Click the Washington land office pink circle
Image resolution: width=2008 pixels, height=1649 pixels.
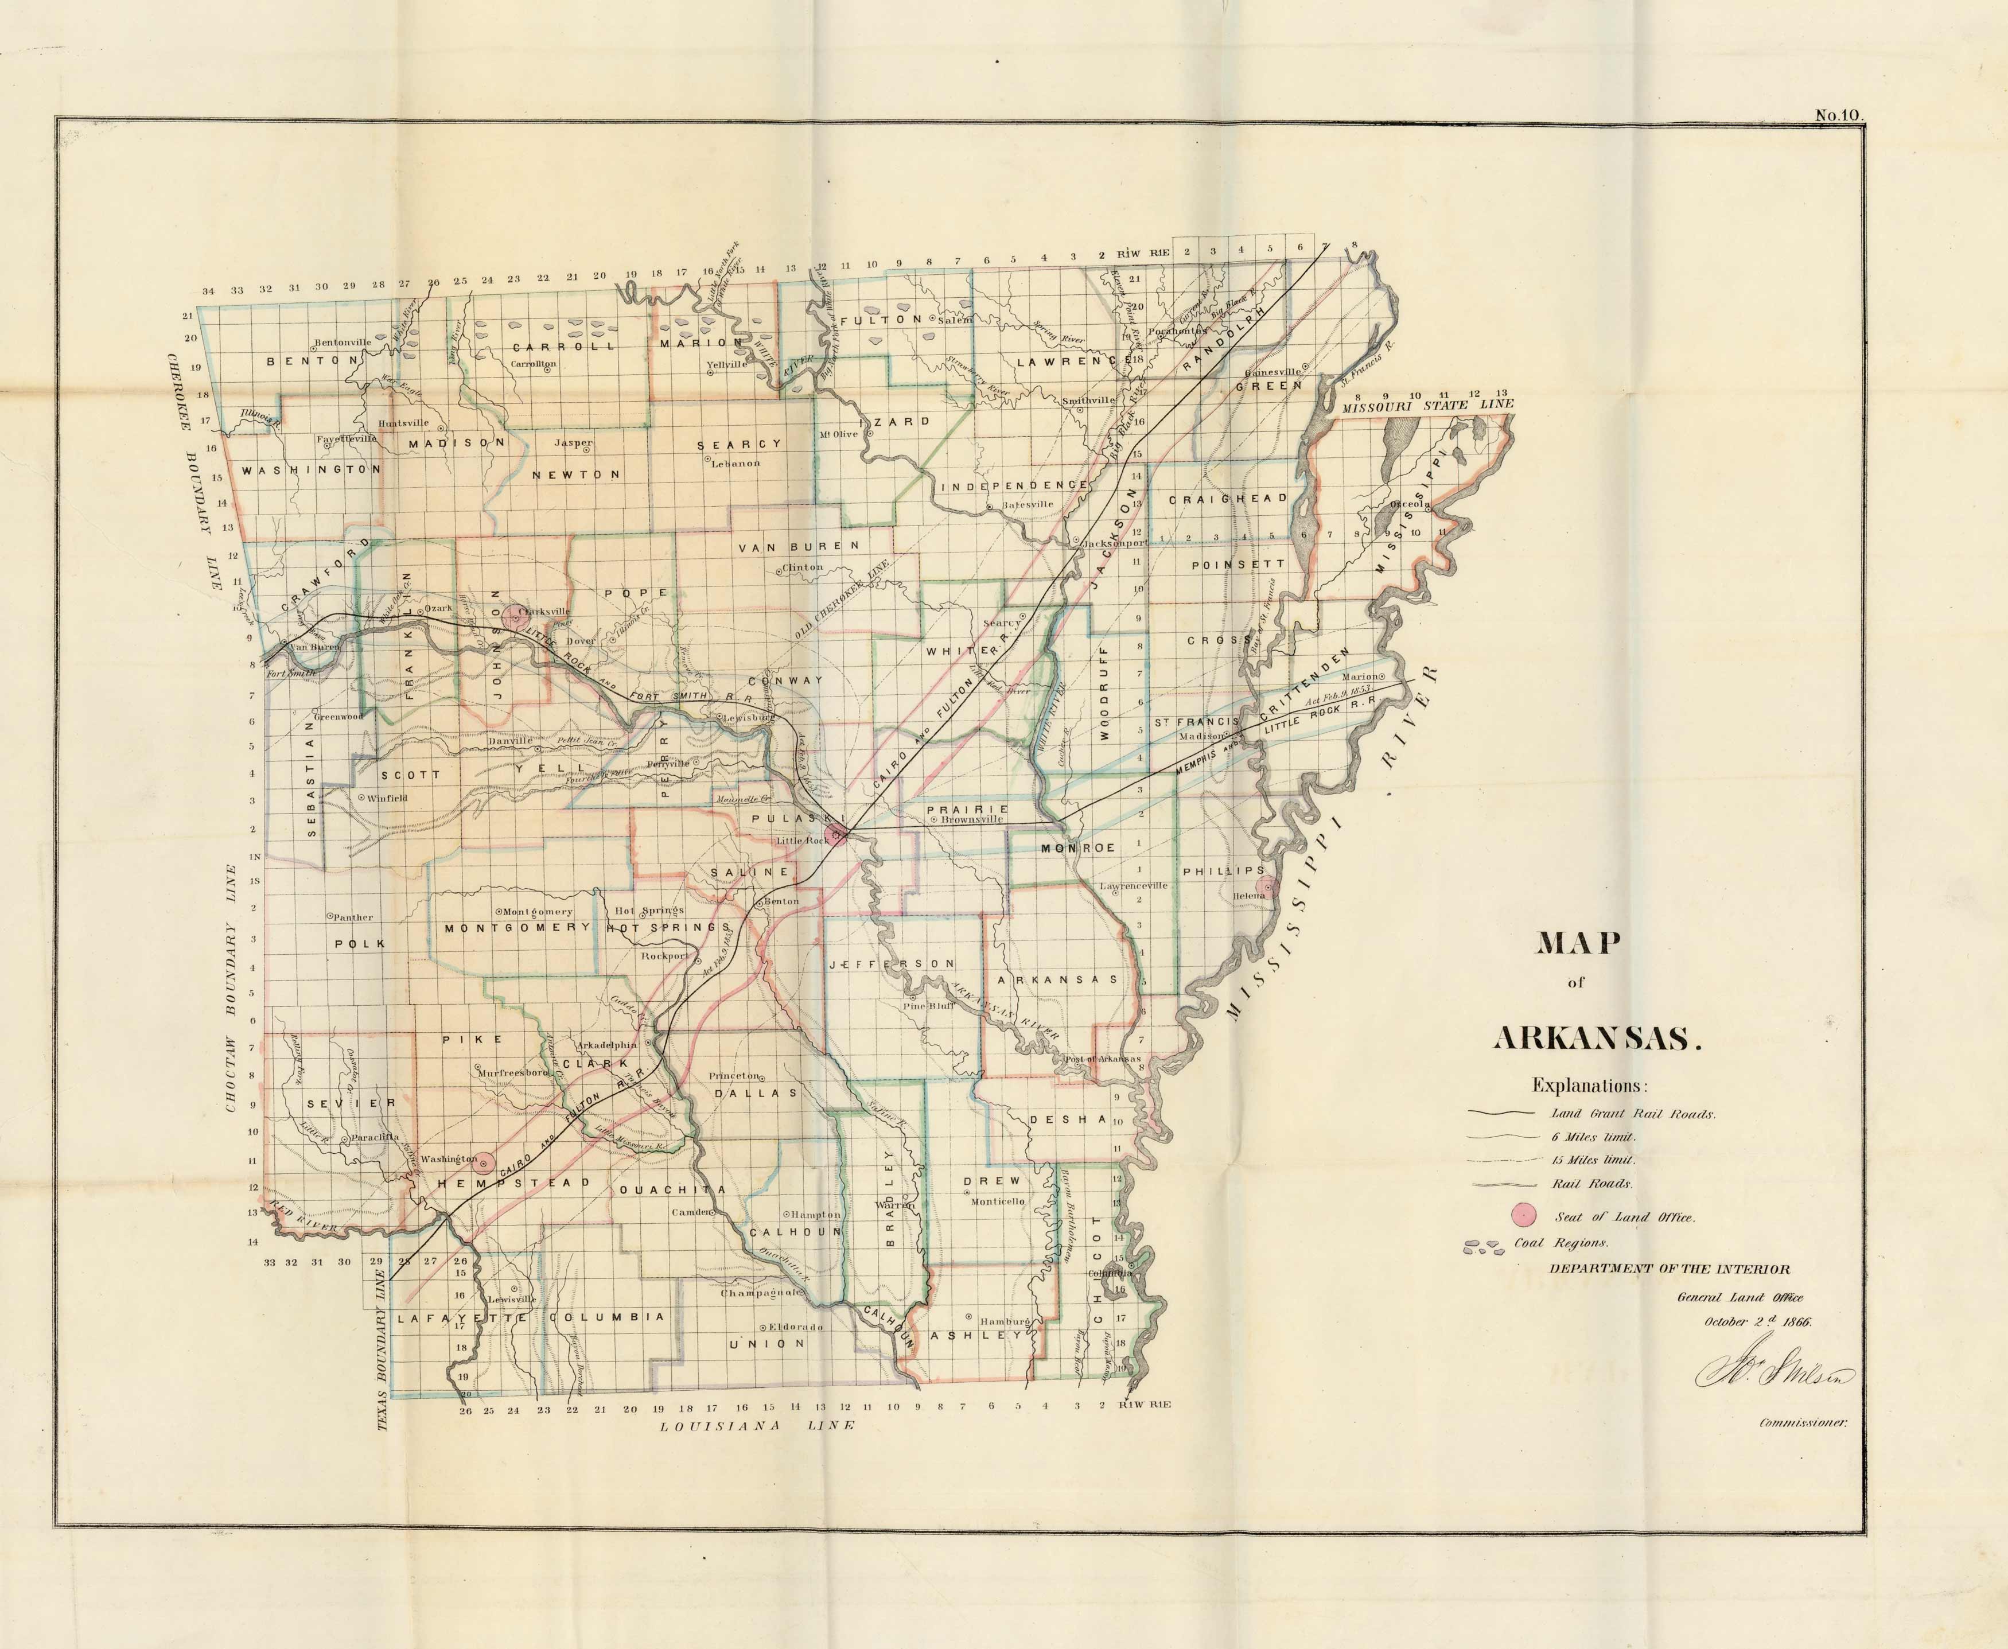(x=484, y=1162)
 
